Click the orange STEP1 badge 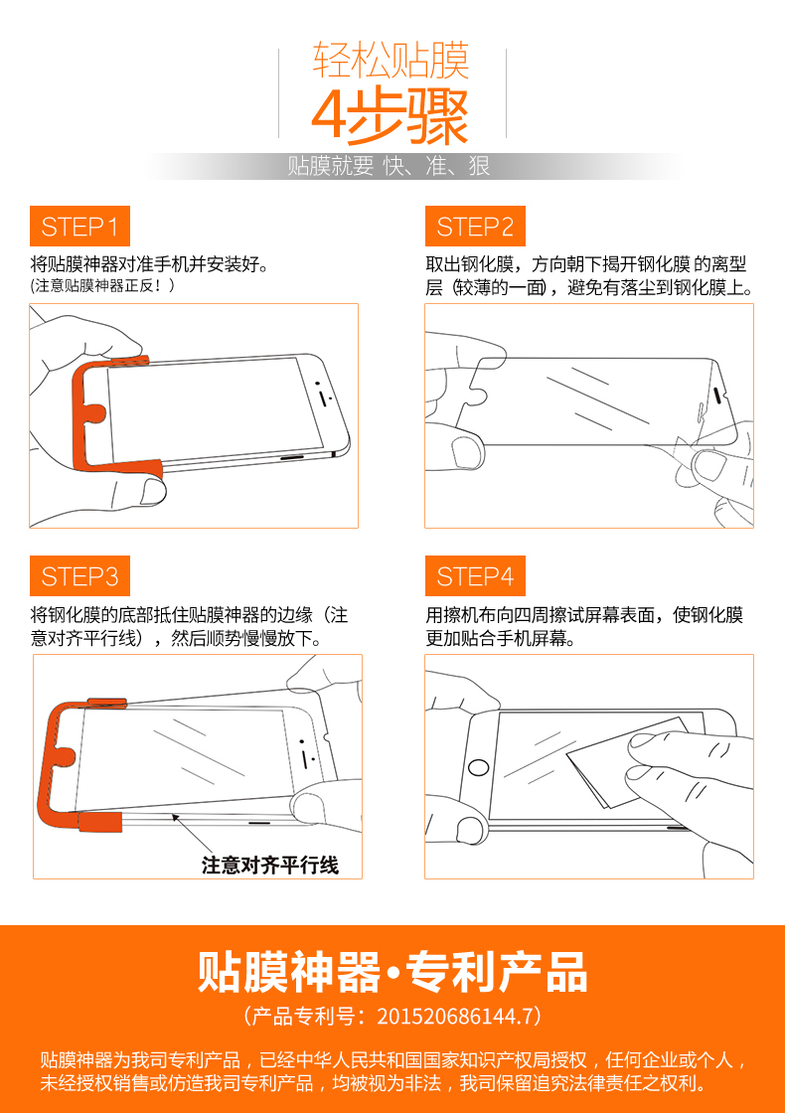pyautogui.click(x=79, y=226)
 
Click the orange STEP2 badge pyautogui.click(x=475, y=226)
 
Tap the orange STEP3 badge pyautogui.click(x=79, y=575)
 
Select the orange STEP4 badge pyautogui.click(x=475, y=575)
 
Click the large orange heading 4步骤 pyautogui.click(x=391, y=116)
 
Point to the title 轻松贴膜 pyautogui.click(x=392, y=61)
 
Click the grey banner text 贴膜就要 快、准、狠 pyautogui.click(x=389, y=166)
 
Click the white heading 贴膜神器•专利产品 pyautogui.click(x=392, y=972)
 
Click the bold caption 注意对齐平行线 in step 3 pyautogui.click(x=270, y=866)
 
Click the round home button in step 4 pyautogui.click(x=478, y=767)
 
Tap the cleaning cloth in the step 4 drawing pyautogui.click(x=621, y=763)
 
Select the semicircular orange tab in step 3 pyautogui.click(x=64, y=755)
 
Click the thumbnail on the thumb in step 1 pyautogui.click(x=153, y=491)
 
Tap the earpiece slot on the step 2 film pyautogui.click(x=717, y=395)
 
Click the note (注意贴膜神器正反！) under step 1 pyautogui.click(x=102, y=285)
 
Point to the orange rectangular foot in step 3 pyautogui.click(x=100, y=822)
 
